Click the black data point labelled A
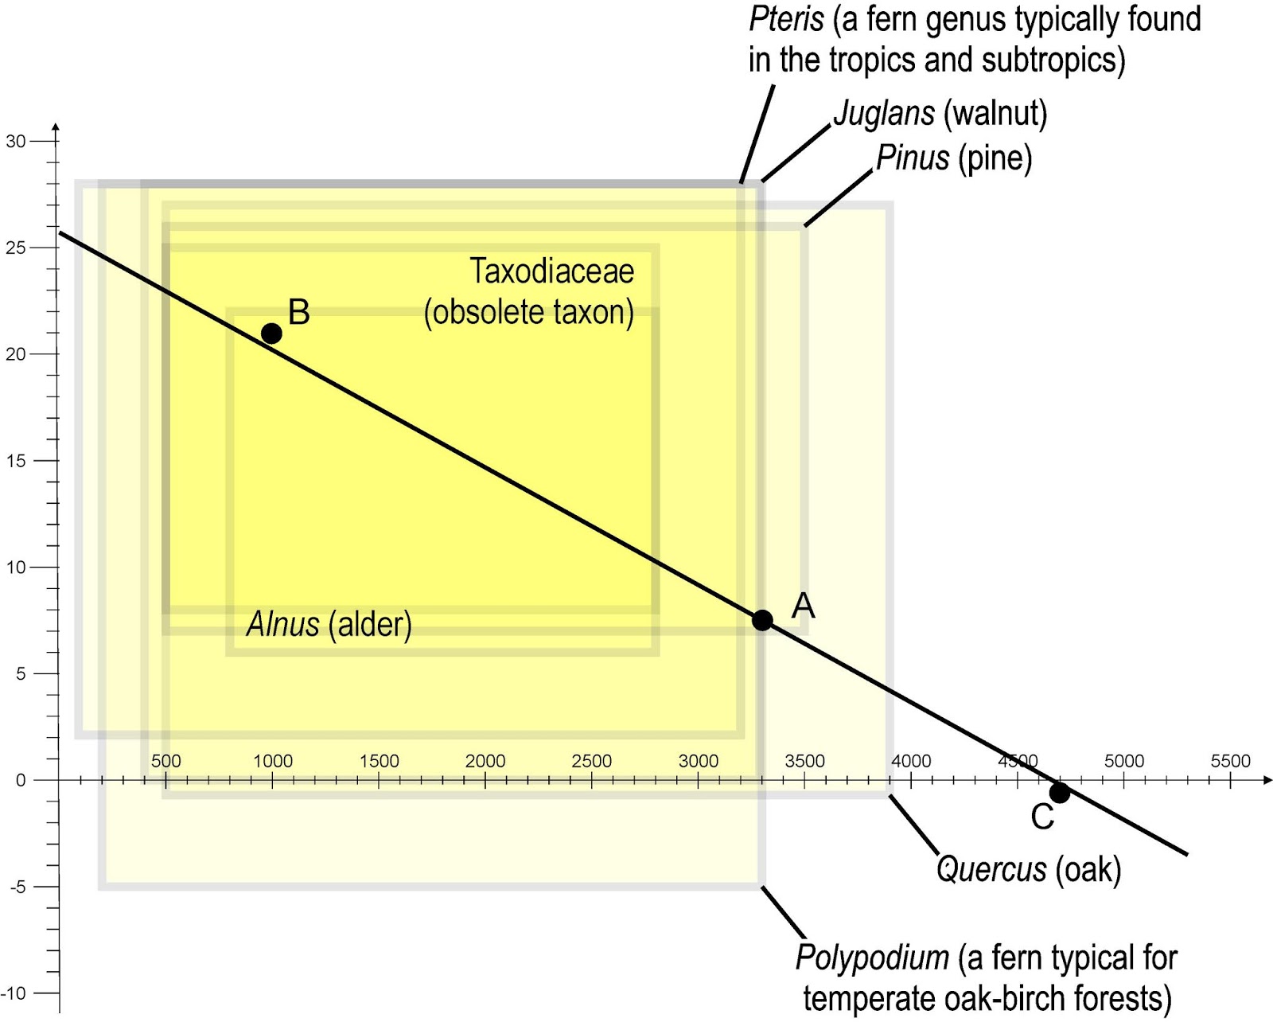click(x=762, y=620)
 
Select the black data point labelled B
click(x=271, y=334)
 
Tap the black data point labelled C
click(x=1059, y=793)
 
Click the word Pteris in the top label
click(x=785, y=19)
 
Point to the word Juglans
click(x=883, y=114)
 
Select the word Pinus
click(x=912, y=158)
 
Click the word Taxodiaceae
click(x=551, y=271)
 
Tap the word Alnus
click(x=283, y=624)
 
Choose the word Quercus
click(x=991, y=869)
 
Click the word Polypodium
click(x=872, y=958)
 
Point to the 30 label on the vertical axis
click(x=15, y=142)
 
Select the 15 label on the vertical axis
click(x=15, y=461)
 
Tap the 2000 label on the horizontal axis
click(x=485, y=761)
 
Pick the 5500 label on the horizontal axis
click(x=1230, y=761)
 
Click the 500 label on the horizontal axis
click(x=165, y=761)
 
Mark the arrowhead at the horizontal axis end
click(x=1267, y=780)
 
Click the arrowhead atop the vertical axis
click(x=56, y=127)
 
